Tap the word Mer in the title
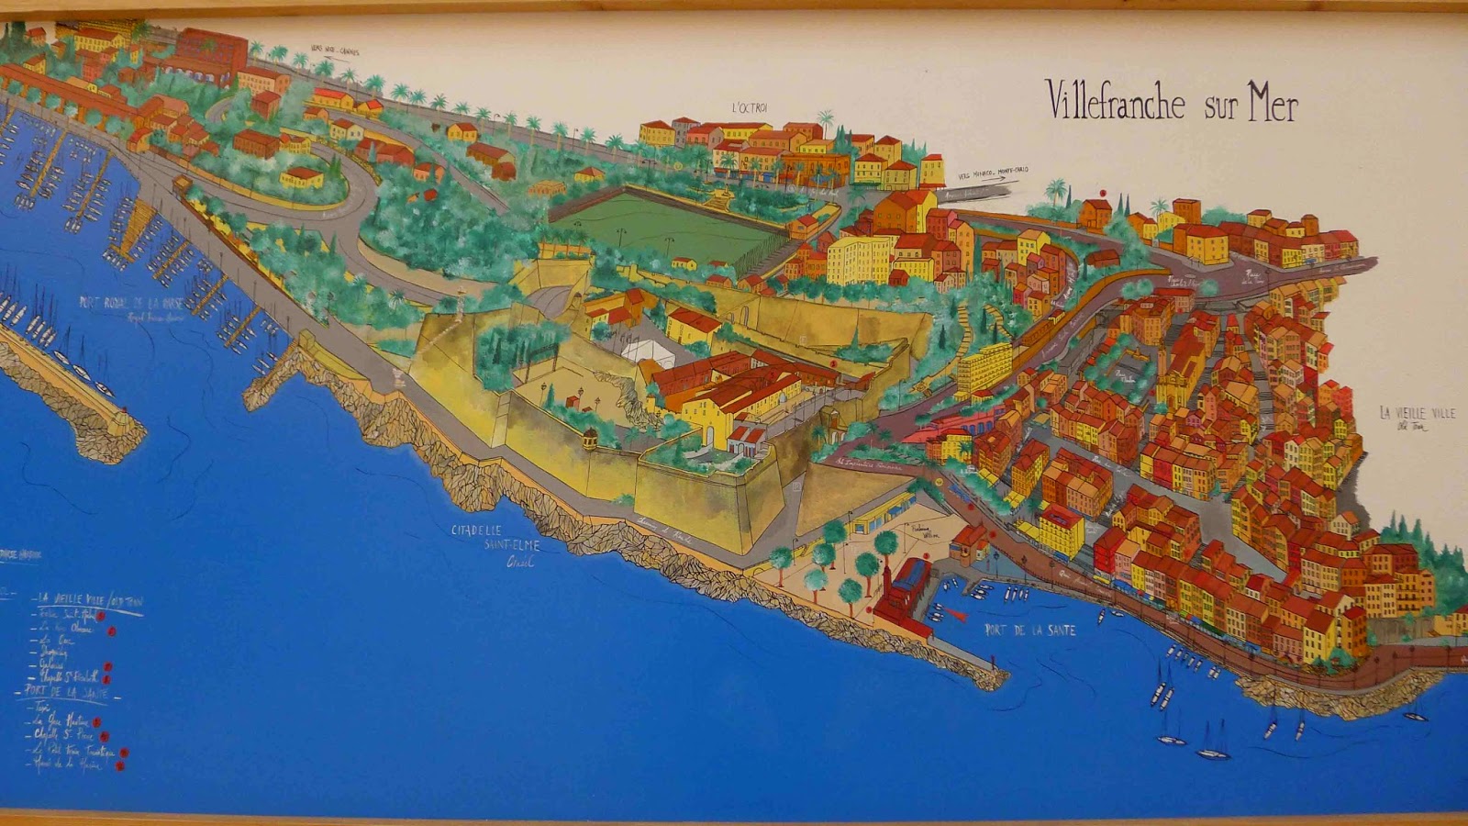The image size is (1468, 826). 1272,106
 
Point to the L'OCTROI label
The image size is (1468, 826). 749,108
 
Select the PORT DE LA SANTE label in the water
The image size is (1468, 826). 1029,631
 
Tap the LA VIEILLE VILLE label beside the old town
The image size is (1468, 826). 1417,414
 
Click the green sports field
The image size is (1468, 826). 665,225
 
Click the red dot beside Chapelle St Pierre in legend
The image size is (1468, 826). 104,736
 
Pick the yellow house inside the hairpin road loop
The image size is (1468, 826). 302,176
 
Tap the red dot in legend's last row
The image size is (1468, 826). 119,765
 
